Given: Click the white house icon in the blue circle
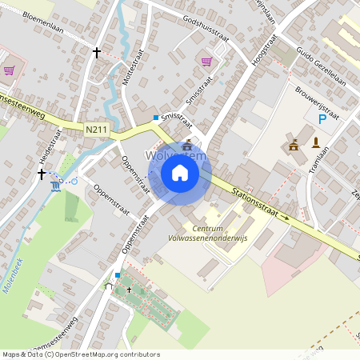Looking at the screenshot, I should point(180,173).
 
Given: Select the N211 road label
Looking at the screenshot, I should point(96,128).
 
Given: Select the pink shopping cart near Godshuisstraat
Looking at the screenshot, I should point(206,61).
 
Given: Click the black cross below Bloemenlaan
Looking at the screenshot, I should point(97,53).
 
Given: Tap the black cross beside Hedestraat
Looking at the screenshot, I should point(42,173).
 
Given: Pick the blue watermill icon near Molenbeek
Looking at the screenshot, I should point(55,186).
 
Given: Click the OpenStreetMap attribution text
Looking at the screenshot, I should point(80,354).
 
